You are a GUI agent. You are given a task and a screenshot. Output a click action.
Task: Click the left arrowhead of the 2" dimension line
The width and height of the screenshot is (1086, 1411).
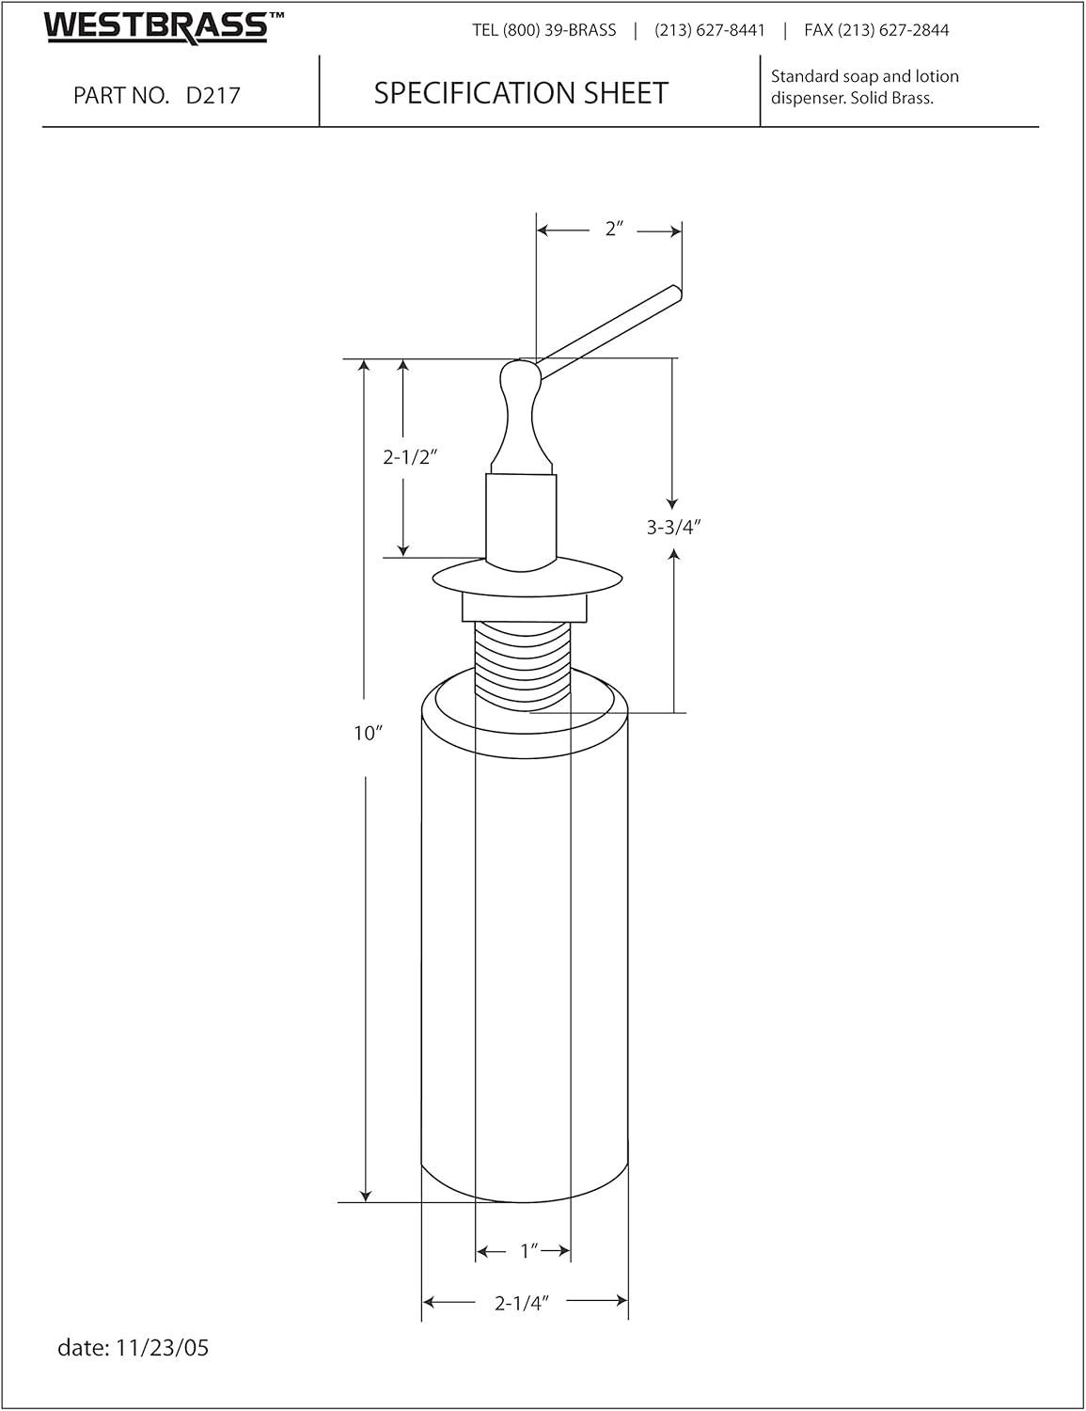pos(543,230)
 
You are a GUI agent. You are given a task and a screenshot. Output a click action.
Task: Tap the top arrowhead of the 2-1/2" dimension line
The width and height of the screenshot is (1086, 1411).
pos(402,366)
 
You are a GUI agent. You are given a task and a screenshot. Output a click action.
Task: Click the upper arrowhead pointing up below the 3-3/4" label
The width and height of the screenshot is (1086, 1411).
pos(674,555)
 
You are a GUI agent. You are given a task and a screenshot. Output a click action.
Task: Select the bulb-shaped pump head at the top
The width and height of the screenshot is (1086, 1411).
pos(522,416)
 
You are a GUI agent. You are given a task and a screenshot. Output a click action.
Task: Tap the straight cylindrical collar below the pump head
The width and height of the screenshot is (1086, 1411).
pos(522,518)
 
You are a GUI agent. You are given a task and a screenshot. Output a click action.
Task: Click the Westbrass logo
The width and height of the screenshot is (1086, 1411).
pos(163,26)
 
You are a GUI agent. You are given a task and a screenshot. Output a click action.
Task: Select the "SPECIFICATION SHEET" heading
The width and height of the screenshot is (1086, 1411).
pos(521,93)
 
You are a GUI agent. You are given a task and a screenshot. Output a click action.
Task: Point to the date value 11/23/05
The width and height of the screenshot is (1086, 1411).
pos(162,1347)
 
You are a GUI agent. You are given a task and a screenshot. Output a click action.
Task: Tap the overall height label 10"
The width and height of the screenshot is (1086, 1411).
pos(368,733)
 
